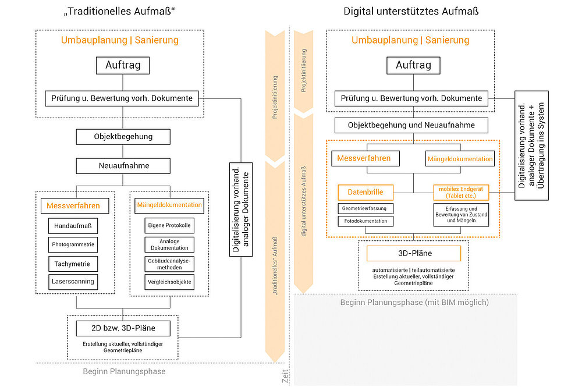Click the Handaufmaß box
[73, 225]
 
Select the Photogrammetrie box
[73, 244]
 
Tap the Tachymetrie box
[73, 264]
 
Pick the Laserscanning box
[73, 282]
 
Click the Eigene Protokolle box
[168, 225]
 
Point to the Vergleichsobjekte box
[168, 282]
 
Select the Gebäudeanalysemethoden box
[168, 264]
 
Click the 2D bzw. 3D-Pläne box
[123, 329]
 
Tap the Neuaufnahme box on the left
[123, 166]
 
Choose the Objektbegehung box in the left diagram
[123, 137]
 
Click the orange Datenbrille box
[365, 191]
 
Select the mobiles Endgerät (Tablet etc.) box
[460, 191]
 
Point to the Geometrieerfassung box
[365, 208]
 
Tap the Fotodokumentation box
[365, 221]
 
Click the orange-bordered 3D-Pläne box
[413, 253]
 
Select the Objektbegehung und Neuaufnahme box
[411, 125]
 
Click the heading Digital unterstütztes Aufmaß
[411, 11]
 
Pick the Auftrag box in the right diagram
[413, 65]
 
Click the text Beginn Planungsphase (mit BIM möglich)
[414, 303]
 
